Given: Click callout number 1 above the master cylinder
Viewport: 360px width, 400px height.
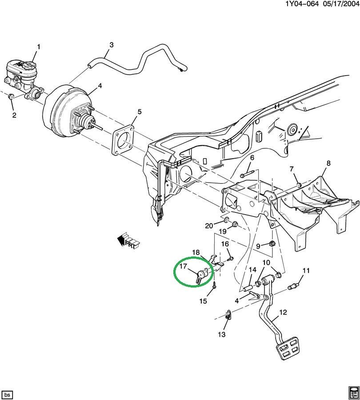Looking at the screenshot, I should point(38,47).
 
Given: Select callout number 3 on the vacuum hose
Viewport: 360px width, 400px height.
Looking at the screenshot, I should point(111,45).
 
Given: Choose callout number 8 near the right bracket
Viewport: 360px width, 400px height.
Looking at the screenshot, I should point(328,164).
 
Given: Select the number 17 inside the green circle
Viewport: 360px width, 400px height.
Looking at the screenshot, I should point(183,267).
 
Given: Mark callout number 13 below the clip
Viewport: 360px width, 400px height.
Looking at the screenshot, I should point(222,334).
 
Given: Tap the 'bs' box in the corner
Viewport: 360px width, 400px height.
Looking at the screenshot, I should point(7,394).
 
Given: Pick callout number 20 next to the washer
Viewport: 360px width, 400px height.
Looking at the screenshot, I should point(209,226).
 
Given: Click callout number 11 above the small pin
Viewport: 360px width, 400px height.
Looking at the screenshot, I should point(306,271).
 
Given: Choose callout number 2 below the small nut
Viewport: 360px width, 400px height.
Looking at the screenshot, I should point(14,116).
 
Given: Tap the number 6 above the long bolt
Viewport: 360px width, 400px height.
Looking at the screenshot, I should point(252,158).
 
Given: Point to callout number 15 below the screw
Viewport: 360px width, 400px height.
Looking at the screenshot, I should point(203,301).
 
